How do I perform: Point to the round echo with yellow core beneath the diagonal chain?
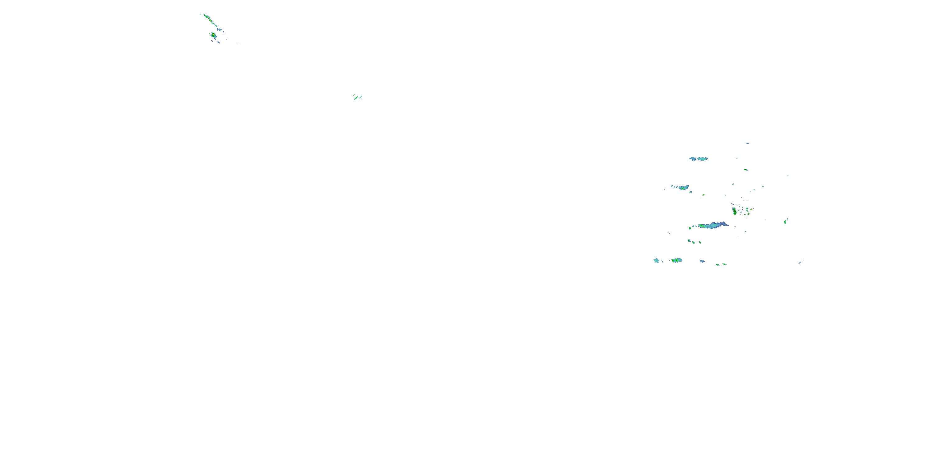coord(213,35)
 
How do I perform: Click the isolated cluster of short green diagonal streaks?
coord(357,97)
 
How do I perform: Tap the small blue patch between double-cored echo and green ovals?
coord(703,261)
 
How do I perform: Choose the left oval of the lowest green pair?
coord(717,265)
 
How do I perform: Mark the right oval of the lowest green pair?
coord(724,264)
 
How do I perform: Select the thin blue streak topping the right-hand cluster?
coord(747,144)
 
